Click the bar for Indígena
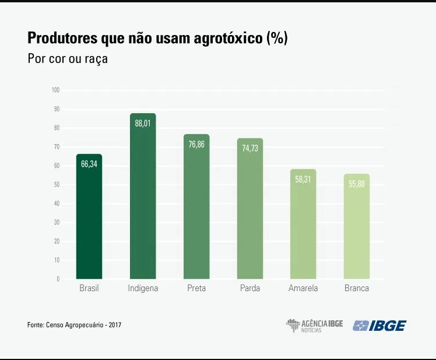coord(143,198)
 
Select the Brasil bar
coord(89,219)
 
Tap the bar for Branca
coord(357,228)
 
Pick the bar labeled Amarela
coord(303,225)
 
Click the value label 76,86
coord(196,144)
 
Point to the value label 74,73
coord(250,148)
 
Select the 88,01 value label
coord(143,123)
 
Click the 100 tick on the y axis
coord(56,90)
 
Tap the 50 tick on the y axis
coord(57,185)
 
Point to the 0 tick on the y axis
coord(58,279)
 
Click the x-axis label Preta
coord(196,288)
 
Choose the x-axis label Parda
coord(250,288)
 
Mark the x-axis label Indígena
coord(143,288)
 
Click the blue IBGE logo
coord(379,325)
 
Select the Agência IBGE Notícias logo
coord(314,325)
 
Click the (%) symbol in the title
coord(277,39)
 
